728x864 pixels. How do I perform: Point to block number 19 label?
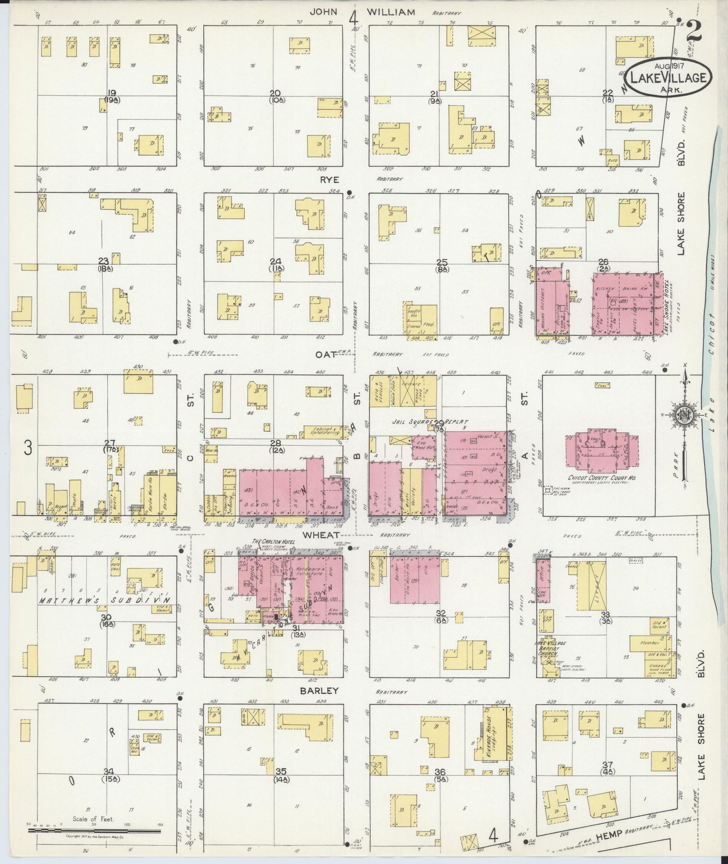point(111,92)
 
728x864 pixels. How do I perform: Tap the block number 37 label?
point(607,764)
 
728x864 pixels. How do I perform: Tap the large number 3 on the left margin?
point(27,448)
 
